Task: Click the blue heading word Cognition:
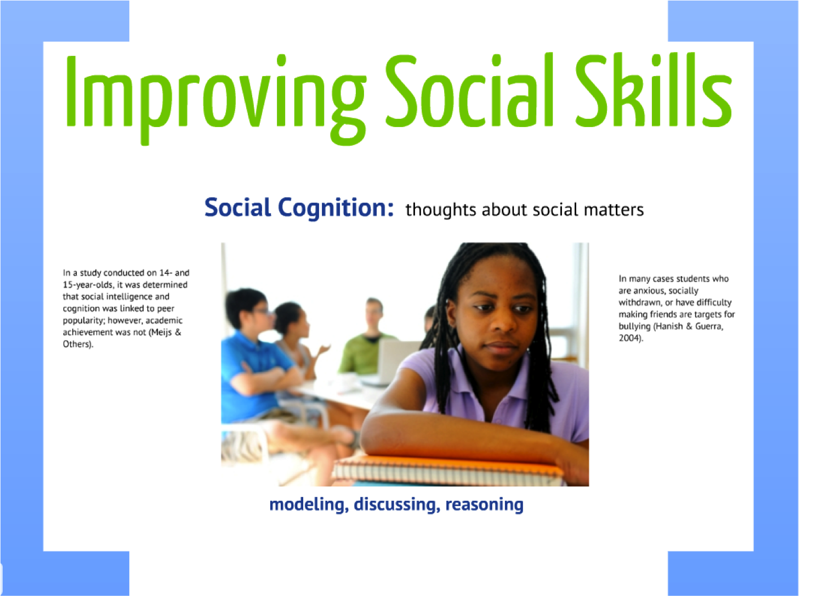tap(336, 208)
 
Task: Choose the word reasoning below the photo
tap(484, 504)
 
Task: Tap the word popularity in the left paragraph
tap(83, 320)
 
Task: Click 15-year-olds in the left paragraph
tap(88, 285)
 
